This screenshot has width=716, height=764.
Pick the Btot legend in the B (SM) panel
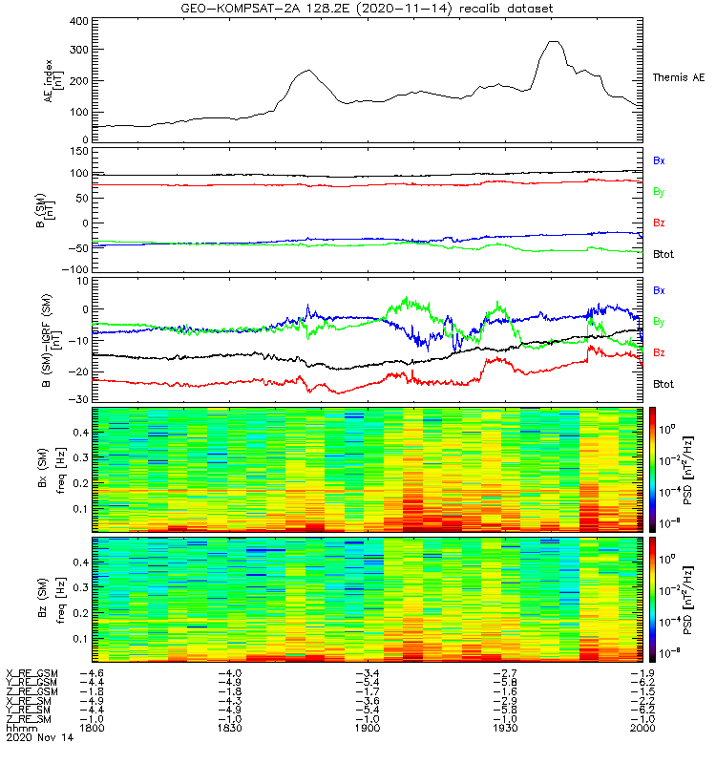[663, 254]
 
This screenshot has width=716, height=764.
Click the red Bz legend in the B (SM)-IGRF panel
[659, 352]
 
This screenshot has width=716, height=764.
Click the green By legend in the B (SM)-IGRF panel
[659, 321]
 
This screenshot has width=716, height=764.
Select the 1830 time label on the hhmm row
[230, 728]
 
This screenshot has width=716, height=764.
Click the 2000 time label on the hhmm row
[641, 728]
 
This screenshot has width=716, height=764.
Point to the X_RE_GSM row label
[31, 674]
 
